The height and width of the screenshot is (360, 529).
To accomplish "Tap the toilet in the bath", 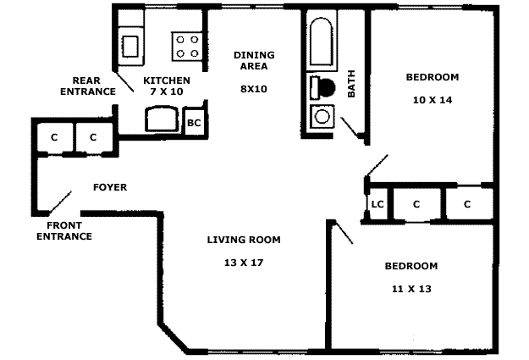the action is pyautogui.click(x=322, y=88).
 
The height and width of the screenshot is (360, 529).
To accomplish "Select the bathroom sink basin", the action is pyautogui.click(x=322, y=117).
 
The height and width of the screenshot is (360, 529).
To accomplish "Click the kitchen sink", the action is pyautogui.click(x=130, y=47).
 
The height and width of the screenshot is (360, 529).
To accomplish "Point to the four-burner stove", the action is pyautogui.click(x=187, y=47).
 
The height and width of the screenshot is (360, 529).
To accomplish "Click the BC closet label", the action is pyautogui.click(x=194, y=123).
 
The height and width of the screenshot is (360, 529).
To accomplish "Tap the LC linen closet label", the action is pyautogui.click(x=377, y=204).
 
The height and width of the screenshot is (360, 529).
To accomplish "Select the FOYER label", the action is pyautogui.click(x=110, y=187).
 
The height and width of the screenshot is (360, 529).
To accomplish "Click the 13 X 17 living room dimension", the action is pyautogui.click(x=244, y=263).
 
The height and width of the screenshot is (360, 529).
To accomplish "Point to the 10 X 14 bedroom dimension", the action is pyautogui.click(x=433, y=100).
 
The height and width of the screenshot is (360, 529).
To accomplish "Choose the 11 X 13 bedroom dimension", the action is pyautogui.click(x=411, y=289).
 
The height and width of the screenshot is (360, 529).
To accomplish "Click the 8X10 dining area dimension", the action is pyautogui.click(x=254, y=89).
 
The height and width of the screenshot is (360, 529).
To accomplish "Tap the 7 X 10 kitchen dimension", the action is pyautogui.click(x=167, y=91).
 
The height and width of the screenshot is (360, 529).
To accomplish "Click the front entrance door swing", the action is pyautogui.click(x=60, y=202).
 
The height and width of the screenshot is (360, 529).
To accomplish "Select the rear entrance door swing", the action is pyautogui.click(x=124, y=81).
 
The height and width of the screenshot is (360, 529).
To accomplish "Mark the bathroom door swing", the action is pyautogui.click(x=350, y=128).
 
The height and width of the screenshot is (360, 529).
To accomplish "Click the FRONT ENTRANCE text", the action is pyautogui.click(x=64, y=230).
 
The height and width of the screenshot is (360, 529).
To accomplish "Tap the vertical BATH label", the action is pyautogui.click(x=351, y=84).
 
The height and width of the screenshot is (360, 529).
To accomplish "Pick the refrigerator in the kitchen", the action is pyautogui.click(x=162, y=119).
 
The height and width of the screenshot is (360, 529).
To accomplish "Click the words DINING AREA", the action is pyautogui.click(x=254, y=60).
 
